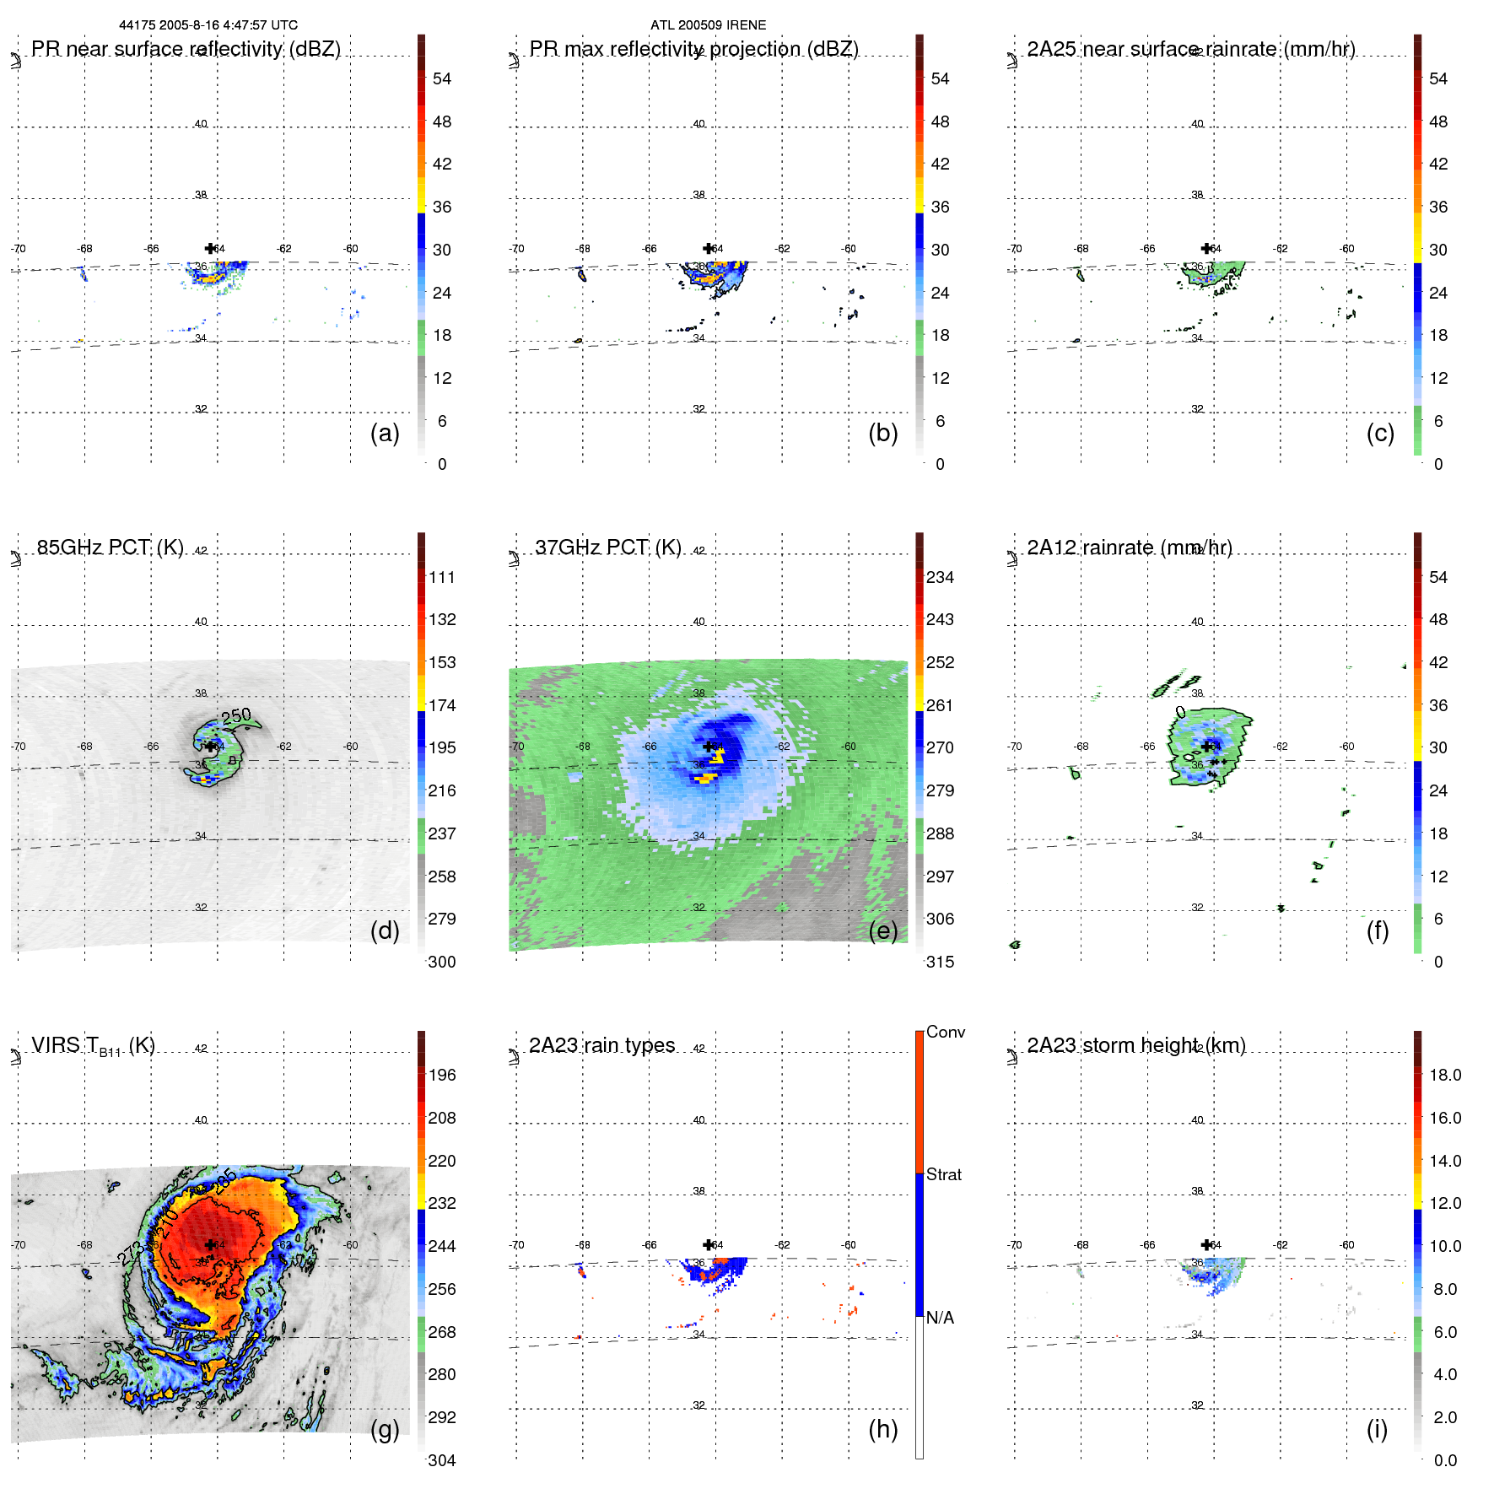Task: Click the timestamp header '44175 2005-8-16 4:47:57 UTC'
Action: [x=208, y=25]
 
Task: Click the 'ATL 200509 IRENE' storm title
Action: [x=708, y=25]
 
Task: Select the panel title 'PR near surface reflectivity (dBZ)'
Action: [x=186, y=49]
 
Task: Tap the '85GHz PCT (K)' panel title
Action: [x=111, y=547]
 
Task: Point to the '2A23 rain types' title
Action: [x=601, y=1045]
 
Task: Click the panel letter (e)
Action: [x=882, y=930]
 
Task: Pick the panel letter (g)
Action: [x=385, y=1429]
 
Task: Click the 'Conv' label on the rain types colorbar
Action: [x=945, y=1032]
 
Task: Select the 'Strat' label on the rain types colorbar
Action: [x=943, y=1174]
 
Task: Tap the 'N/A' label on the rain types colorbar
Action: [x=940, y=1318]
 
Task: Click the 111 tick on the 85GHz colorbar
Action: [x=442, y=577]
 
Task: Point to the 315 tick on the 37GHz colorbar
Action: [x=940, y=962]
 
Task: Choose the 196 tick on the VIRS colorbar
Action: [x=442, y=1075]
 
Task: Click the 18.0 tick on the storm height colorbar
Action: [x=1444, y=1075]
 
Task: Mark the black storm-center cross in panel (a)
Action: [x=210, y=248]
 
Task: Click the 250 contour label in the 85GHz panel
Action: [x=236, y=716]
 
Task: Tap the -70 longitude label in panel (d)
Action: [x=19, y=747]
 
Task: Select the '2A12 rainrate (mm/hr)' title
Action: [x=1129, y=547]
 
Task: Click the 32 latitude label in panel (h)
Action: [x=698, y=1405]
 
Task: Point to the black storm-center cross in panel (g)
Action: [x=210, y=1244]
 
